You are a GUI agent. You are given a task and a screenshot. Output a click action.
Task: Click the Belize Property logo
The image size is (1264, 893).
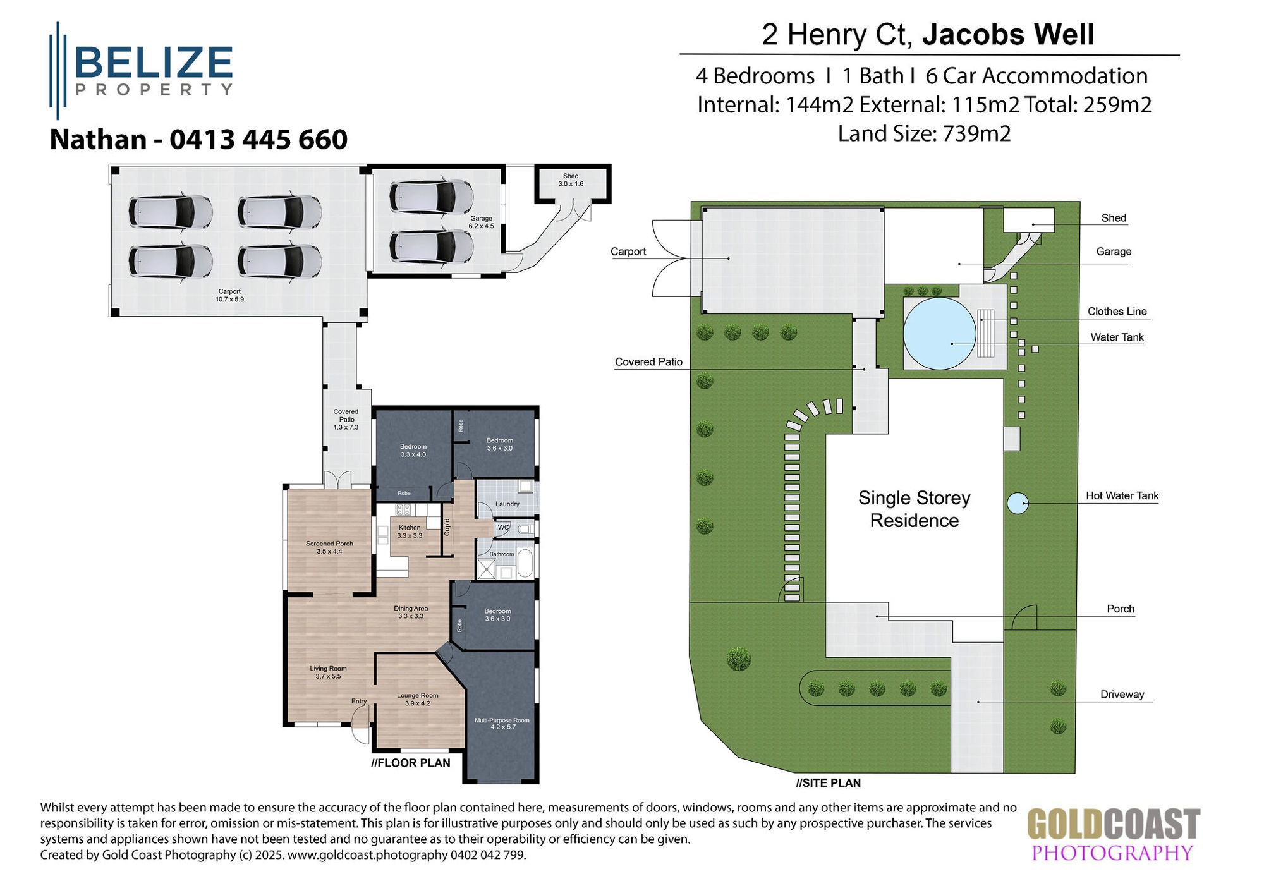click(x=142, y=70)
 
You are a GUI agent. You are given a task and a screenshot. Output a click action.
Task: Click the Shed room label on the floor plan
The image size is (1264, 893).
click(x=571, y=180)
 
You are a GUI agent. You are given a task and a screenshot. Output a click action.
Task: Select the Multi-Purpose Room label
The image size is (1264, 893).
click(x=502, y=724)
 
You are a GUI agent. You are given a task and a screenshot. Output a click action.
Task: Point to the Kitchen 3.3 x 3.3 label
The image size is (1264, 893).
click(x=410, y=532)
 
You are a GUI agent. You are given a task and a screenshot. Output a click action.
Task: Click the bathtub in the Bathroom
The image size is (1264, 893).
click(x=525, y=564)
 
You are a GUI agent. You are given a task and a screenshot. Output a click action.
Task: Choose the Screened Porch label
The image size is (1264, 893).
click(x=329, y=547)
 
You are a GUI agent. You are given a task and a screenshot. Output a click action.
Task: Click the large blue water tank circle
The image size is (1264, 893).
click(x=939, y=333)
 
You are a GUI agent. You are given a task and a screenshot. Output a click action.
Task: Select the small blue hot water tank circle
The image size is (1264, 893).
click(x=1017, y=504)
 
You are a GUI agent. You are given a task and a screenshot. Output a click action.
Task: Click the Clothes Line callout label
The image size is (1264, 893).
click(x=1117, y=312)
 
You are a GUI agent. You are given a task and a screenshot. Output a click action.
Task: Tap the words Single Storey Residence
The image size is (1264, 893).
click(x=914, y=509)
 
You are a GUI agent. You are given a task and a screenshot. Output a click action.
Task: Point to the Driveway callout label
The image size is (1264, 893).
click(x=1122, y=695)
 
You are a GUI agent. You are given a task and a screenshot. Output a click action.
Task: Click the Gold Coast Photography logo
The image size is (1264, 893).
click(x=1113, y=834)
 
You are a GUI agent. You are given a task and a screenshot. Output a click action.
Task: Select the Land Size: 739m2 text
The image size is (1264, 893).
click(x=924, y=134)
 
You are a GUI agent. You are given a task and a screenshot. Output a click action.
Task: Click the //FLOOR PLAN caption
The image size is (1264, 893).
click(x=411, y=763)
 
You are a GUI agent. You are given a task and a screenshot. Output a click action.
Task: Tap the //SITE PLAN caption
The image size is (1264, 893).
click(x=828, y=783)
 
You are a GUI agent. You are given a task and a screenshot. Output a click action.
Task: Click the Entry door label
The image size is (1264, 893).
click(x=359, y=702)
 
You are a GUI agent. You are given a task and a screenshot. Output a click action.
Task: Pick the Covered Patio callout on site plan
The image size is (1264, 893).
click(x=648, y=362)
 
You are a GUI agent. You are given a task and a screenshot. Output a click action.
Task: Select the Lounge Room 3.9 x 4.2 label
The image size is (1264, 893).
click(x=417, y=699)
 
